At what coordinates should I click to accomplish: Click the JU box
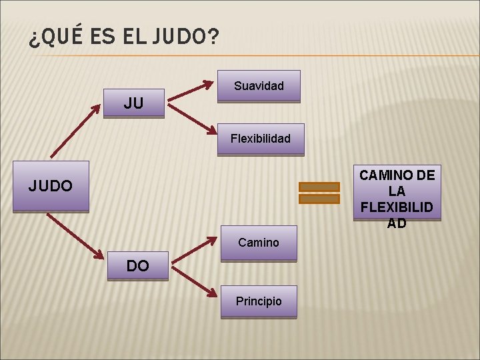point(134,103)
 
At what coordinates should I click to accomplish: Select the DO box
point(138,266)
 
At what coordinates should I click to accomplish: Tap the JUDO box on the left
point(51,186)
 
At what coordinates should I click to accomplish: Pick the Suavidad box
point(259,86)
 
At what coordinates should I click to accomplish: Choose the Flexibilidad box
point(261,139)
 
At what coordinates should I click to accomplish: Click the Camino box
point(259,243)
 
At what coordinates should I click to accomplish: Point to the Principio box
point(259,301)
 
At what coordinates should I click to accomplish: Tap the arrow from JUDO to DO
point(77,237)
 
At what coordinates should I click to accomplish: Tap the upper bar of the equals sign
point(319,187)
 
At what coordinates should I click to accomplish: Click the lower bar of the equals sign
point(319,199)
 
